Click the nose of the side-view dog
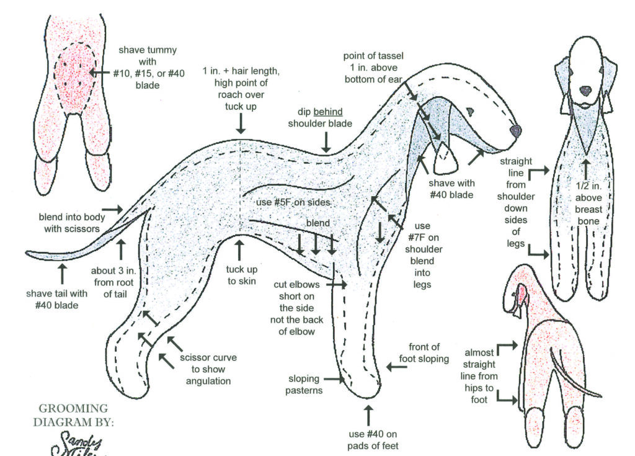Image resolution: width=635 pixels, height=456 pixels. [515, 130]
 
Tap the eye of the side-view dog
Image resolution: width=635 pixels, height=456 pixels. [470, 112]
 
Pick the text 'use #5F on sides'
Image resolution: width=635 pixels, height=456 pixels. [294, 202]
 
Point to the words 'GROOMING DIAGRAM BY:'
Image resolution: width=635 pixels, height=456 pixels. [73, 416]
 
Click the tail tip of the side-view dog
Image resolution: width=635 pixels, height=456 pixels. [30, 253]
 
